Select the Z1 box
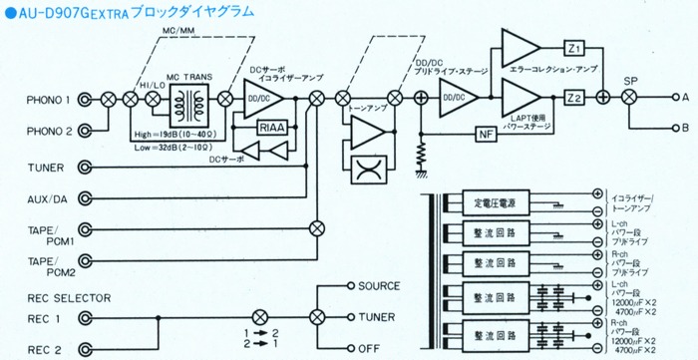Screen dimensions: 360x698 (572, 48)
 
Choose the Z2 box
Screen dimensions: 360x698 (572, 97)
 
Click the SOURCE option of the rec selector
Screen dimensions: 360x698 (379, 285)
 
